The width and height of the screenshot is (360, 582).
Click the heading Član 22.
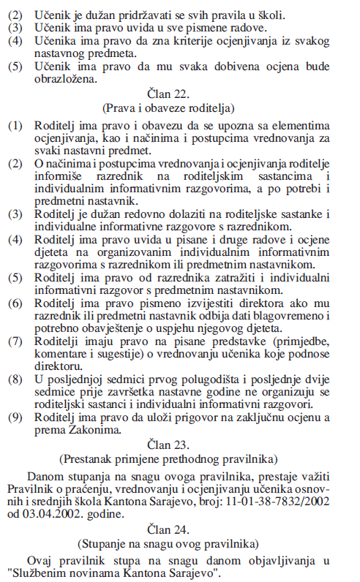(x=179, y=94)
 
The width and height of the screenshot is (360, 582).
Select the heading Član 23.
(x=179, y=445)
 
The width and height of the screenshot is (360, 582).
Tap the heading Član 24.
(x=179, y=528)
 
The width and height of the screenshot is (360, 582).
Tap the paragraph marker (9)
(x=15, y=417)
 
